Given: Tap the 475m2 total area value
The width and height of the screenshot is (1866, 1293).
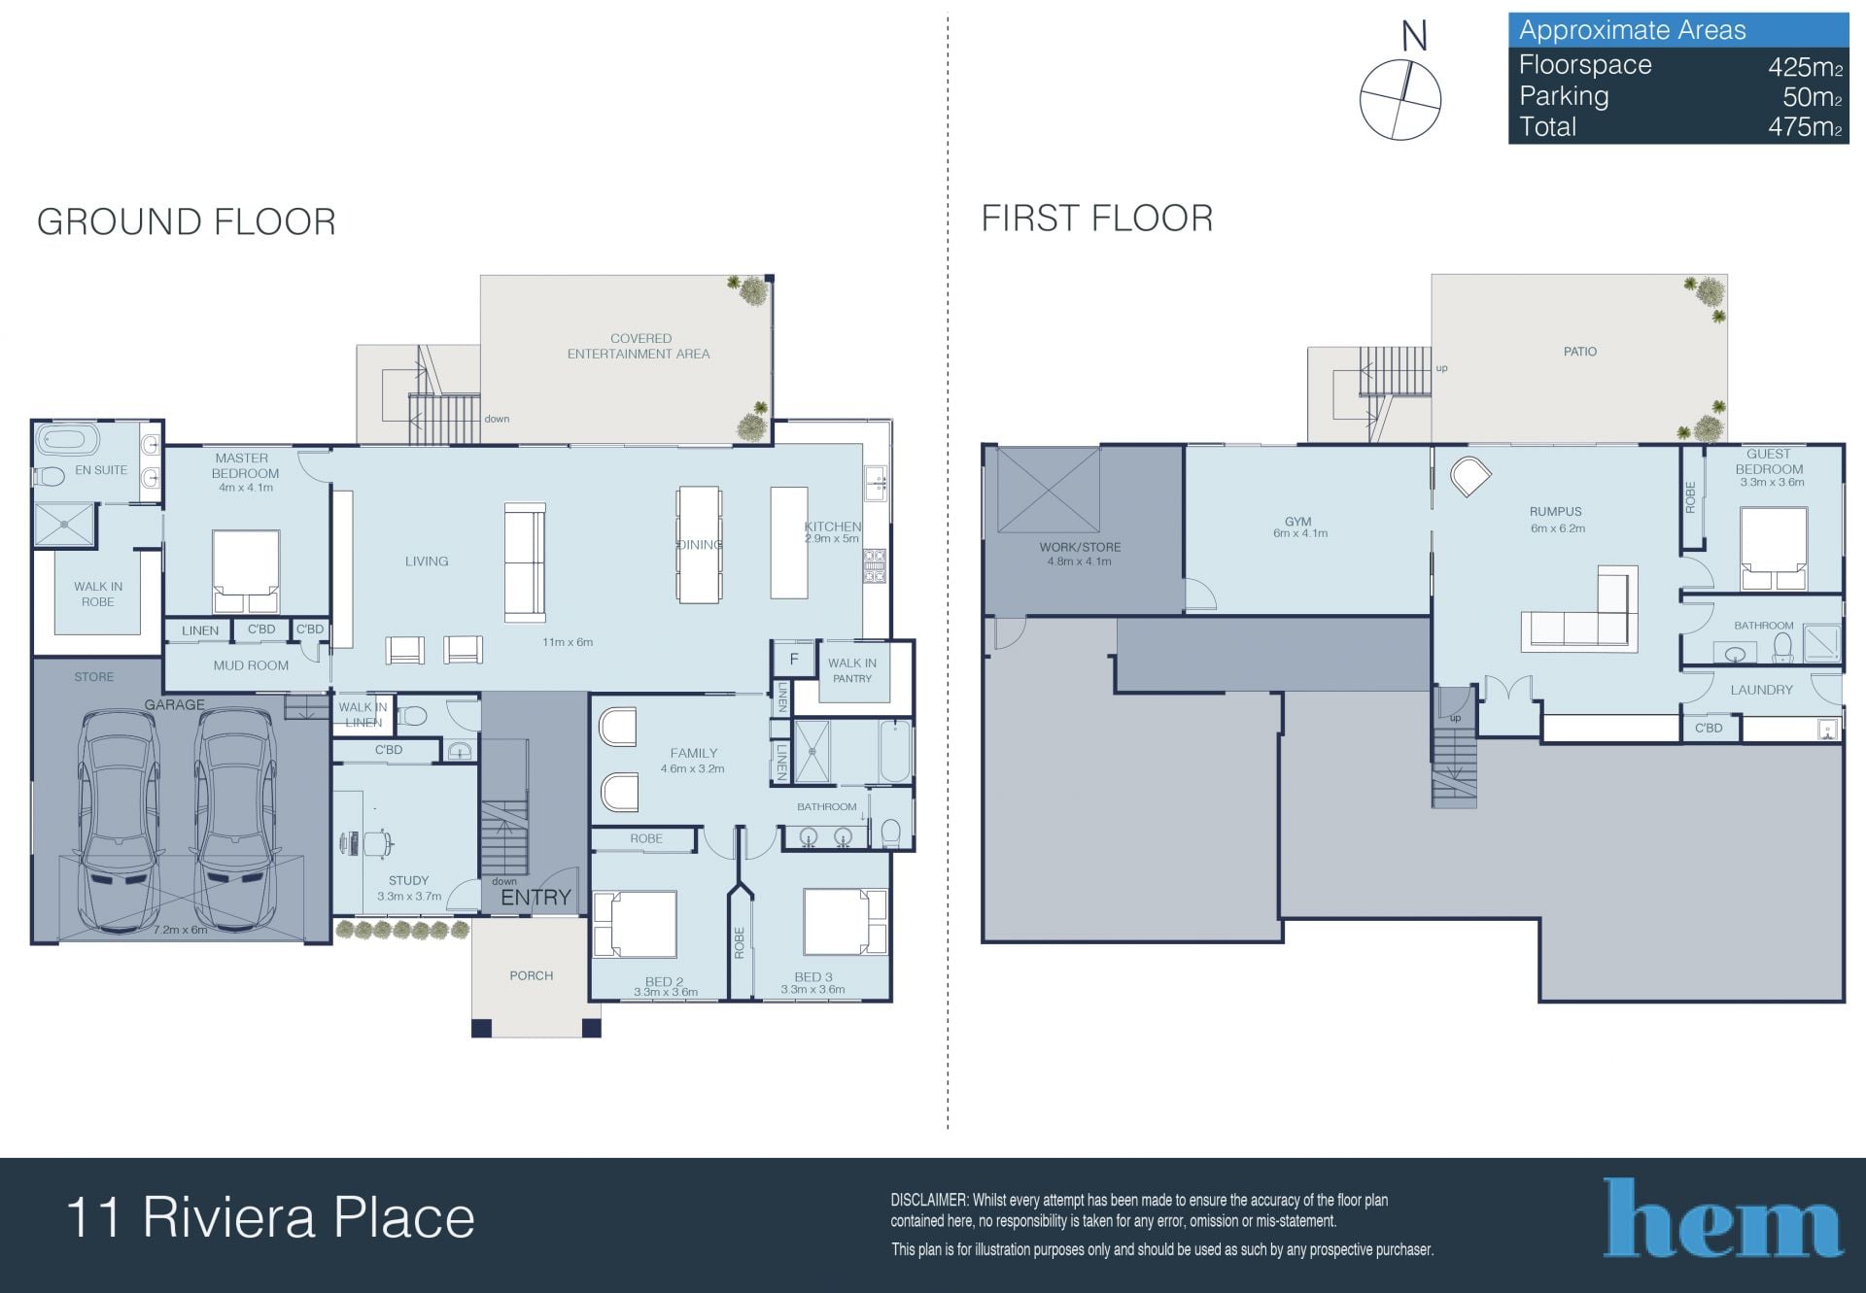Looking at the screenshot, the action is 1805,127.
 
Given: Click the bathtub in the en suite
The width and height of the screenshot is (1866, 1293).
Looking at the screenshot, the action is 67,440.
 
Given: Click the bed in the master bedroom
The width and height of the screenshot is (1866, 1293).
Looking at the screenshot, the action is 246,571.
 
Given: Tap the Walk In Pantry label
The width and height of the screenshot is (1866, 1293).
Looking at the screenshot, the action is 852,670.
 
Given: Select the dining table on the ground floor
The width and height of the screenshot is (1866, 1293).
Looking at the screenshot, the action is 699,544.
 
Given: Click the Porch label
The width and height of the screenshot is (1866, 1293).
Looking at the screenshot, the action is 532,975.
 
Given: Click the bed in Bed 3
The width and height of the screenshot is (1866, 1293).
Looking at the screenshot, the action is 844,921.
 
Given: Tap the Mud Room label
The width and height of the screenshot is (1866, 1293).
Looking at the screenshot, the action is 251,665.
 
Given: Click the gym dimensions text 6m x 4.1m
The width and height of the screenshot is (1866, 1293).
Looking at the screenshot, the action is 1300,533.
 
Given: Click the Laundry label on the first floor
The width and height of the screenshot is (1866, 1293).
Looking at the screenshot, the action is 1762,690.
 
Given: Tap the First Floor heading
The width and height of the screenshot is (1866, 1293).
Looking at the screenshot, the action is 1097,219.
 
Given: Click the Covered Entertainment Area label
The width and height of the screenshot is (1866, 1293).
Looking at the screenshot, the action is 639,346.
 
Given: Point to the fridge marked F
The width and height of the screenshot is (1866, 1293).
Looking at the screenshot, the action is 794,660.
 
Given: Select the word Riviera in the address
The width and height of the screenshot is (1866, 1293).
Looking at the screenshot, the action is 229,1218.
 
